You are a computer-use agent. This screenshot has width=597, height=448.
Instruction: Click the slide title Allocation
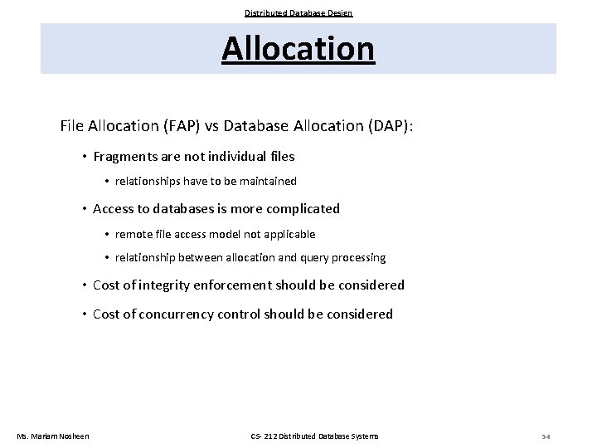coord(298,48)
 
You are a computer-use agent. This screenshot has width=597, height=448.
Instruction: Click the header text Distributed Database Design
coord(298,12)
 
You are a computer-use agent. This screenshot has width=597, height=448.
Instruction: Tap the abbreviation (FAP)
coord(183,126)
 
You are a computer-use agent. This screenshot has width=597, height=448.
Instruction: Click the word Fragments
coord(127,156)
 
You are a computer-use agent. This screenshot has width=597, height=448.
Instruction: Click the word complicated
coord(299,208)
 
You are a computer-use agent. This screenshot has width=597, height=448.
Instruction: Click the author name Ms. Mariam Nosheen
coord(53,436)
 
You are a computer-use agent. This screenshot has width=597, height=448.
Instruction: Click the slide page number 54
coord(545,436)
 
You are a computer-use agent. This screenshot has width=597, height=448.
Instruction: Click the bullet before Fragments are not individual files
coord(85,157)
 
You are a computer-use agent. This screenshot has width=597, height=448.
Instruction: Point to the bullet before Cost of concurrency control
coord(85,314)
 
